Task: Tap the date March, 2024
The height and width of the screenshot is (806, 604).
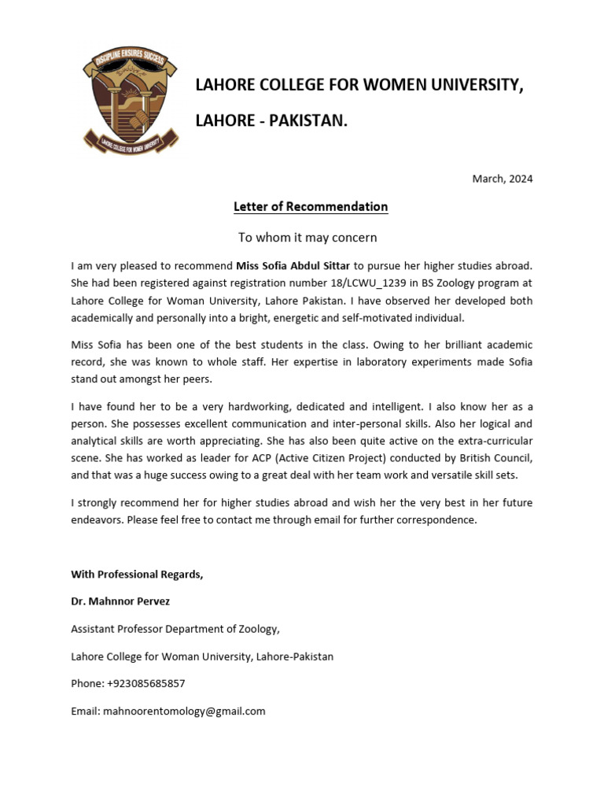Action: pyautogui.click(x=502, y=179)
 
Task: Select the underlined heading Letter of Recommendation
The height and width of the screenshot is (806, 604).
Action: pyautogui.click(x=311, y=207)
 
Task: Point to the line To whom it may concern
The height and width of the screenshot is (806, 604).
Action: pyautogui.click(x=308, y=237)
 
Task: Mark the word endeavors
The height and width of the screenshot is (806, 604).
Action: pyautogui.click(x=98, y=519)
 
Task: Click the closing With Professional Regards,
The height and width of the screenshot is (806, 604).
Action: pyautogui.click(x=137, y=575)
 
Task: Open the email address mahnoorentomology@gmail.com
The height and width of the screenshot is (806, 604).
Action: pyautogui.click(x=185, y=711)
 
